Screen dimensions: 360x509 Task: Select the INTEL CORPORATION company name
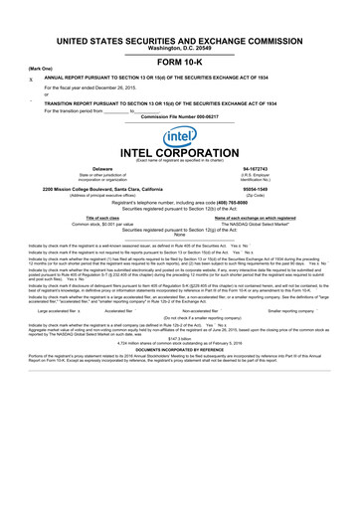(180, 154)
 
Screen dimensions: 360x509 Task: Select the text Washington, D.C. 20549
(180, 47)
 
